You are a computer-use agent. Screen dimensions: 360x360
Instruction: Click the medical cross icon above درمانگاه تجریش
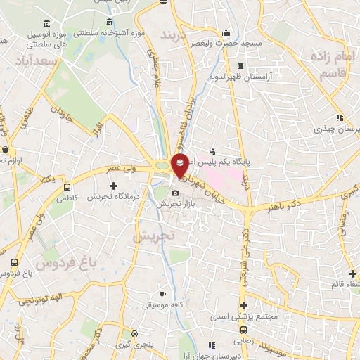(113, 185)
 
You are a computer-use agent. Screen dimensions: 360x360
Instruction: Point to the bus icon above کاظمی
(67, 188)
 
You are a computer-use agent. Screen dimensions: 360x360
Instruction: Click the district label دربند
(176, 34)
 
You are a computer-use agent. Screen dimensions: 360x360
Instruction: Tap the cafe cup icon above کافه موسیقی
(163, 294)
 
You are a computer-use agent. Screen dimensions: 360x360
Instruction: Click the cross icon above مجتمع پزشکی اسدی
(243, 305)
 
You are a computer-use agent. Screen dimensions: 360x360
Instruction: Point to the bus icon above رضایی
(243, 328)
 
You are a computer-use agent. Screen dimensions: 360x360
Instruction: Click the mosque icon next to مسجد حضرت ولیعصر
(224, 32)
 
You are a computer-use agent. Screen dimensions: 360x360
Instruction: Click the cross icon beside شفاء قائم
(352, 273)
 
